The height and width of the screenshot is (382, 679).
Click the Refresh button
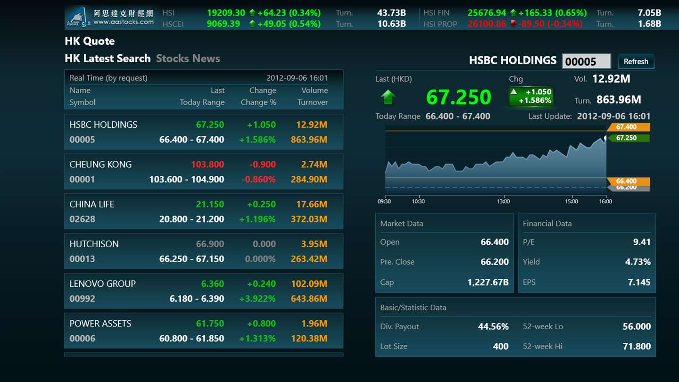(636, 61)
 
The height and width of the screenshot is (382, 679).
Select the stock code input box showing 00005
(586, 61)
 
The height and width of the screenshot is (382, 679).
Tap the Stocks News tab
(188, 58)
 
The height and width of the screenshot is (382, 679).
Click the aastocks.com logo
(110, 17)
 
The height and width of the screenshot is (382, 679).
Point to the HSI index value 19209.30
(226, 13)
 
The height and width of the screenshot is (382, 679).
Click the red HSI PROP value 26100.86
(487, 24)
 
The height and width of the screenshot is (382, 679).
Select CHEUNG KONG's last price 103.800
(207, 165)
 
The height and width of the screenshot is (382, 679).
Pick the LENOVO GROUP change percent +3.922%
(257, 299)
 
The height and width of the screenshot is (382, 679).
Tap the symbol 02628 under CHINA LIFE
(82, 219)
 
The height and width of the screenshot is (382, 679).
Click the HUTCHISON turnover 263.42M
(309, 259)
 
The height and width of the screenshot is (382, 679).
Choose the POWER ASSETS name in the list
(100, 324)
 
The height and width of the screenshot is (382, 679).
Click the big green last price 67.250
(458, 97)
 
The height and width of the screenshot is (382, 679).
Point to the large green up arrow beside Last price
(388, 97)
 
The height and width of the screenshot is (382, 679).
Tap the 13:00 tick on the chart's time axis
(503, 201)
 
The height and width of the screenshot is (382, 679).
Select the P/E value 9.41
(641, 242)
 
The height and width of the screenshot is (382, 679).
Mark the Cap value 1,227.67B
(488, 282)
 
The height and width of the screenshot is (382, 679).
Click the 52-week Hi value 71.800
(637, 346)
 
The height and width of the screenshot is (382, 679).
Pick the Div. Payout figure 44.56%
(493, 326)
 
